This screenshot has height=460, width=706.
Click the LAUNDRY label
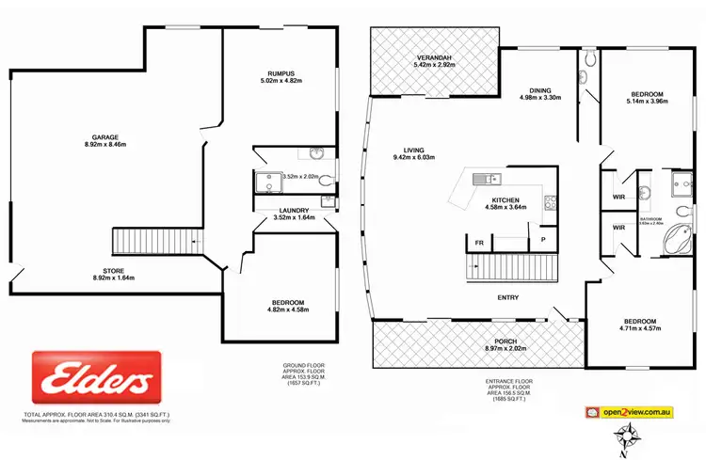click(293, 211)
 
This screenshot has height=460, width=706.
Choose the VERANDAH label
click(436, 58)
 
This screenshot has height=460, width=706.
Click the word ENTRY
click(509, 298)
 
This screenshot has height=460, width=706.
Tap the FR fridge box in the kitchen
click(478, 244)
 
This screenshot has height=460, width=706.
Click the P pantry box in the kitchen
click(541, 240)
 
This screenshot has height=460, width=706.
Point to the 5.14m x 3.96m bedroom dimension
click(647, 102)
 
